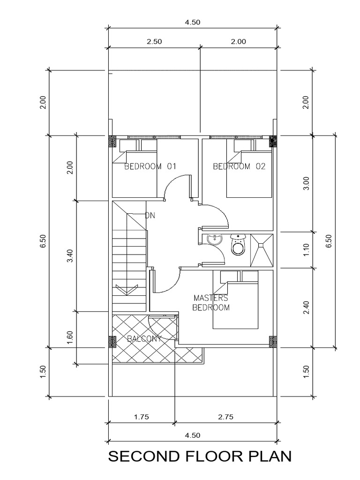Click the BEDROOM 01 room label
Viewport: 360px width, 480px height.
[x=150, y=166]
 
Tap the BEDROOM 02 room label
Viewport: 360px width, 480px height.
[x=239, y=166]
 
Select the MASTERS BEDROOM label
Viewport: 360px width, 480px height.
[x=211, y=303]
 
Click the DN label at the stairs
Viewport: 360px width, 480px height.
[x=150, y=216]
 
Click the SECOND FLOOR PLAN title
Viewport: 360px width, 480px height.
[x=200, y=456]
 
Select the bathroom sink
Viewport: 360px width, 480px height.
[x=214, y=239]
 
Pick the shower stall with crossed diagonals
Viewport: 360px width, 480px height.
[x=261, y=245]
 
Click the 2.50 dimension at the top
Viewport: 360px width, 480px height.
[x=154, y=41]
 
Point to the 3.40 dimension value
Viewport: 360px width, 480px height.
[x=70, y=256]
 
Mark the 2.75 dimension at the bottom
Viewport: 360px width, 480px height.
[x=225, y=416]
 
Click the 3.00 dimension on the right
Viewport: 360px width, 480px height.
[x=307, y=184]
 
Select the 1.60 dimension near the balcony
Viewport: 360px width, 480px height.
[x=70, y=337]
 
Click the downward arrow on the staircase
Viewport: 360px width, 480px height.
[x=123, y=290]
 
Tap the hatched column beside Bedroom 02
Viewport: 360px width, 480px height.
[x=272, y=141]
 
